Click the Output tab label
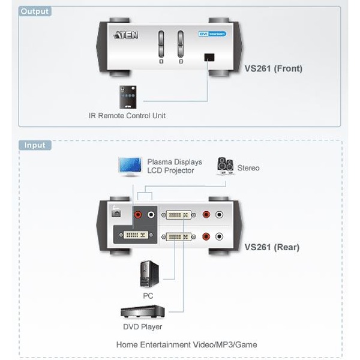click(35, 11)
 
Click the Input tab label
click(35, 145)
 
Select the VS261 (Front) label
click(273, 68)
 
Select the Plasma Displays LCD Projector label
click(175, 166)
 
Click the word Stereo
click(248, 168)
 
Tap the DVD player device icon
click(142, 313)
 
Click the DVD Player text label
click(143, 327)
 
